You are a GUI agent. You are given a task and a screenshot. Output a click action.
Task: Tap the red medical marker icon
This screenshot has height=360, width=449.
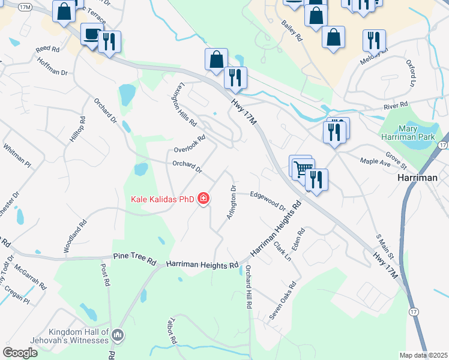tap(203, 199)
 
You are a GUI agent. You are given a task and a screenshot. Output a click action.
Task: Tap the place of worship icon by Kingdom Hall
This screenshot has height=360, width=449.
tap(118, 335)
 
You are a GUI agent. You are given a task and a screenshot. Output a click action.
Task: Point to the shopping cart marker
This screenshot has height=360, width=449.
tap(301, 167)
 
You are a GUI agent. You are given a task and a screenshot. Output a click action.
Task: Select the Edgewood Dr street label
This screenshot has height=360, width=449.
tap(268, 200)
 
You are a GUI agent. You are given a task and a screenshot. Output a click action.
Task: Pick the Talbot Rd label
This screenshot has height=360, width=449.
tap(173, 331)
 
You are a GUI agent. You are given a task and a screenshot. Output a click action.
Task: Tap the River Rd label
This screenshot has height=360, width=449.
tap(396, 107)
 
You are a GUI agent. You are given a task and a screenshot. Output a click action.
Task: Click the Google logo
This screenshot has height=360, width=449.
tap(20, 353)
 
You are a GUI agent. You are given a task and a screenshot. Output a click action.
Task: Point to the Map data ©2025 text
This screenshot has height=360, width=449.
tap(423, 355)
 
